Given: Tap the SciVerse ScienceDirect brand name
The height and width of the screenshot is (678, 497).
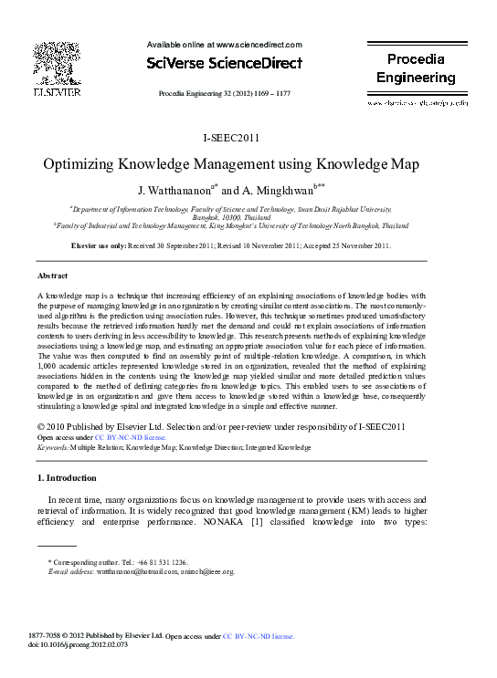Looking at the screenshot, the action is pos(223,64).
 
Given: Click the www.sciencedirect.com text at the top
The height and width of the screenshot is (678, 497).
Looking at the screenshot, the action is pos(259,44).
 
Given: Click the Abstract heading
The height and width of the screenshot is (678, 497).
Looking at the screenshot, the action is pos(52,275).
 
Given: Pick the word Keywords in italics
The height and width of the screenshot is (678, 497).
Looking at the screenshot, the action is pos(54,448).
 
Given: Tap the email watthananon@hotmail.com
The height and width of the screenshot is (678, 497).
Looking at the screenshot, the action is pos(124,572).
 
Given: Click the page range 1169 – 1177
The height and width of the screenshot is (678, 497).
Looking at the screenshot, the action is pos(271,93).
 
